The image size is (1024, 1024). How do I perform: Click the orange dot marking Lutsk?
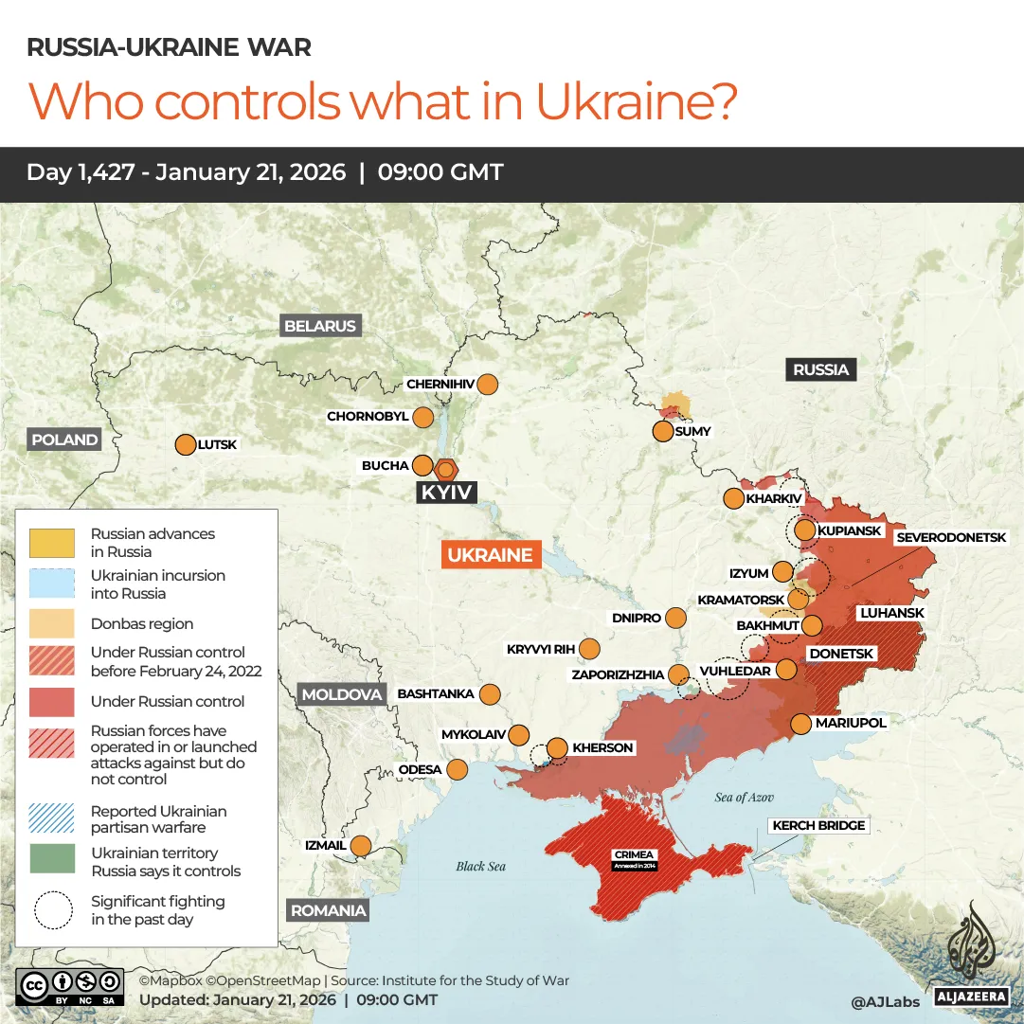point(185,444)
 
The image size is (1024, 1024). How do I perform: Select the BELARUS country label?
point(320,326)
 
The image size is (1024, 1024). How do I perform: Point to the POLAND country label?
point(64,440)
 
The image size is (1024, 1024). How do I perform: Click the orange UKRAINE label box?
point(491,555)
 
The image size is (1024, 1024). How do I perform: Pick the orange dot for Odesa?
point(458,769)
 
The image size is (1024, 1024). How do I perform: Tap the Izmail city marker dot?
point(361,845)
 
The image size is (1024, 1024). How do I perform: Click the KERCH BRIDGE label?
point(818,826)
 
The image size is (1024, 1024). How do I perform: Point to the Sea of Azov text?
point(745,798)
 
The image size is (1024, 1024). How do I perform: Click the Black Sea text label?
point(481,866)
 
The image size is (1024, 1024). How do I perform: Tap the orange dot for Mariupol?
point(800,724)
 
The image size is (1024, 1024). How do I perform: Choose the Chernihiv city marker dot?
point(488,385)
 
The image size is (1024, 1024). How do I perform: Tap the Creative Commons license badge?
point(70,986)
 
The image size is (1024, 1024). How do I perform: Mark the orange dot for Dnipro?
point(675,619)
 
